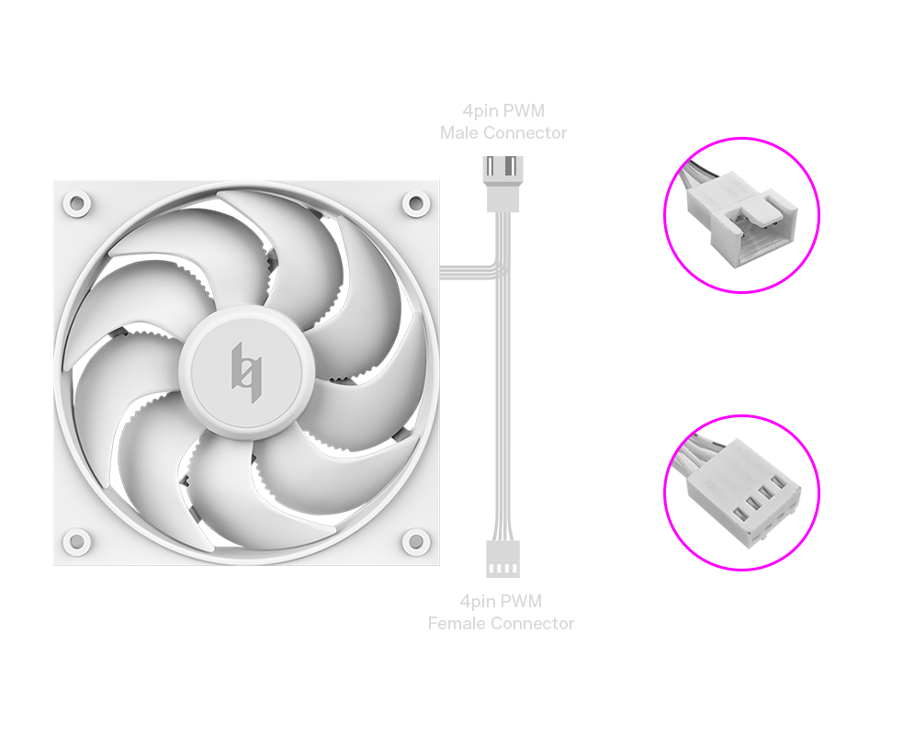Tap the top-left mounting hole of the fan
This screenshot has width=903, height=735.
tap(76, 203)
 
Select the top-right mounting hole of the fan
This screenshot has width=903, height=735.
tap(416, 203)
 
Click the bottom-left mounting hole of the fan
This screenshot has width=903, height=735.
tap(76, 541)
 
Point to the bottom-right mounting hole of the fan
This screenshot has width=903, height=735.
tap(416, 541)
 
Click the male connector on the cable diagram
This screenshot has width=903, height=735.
tap(503, 184)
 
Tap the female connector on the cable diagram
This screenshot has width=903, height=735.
tap(503, 559)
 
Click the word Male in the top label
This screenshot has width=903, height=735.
tap(459, 133)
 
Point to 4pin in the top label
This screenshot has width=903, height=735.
tap(480, 110)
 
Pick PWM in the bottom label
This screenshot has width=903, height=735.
tap(521, 602)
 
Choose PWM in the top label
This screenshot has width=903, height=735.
tap(523, 110)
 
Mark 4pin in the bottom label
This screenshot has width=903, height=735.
tap(478, 602)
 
